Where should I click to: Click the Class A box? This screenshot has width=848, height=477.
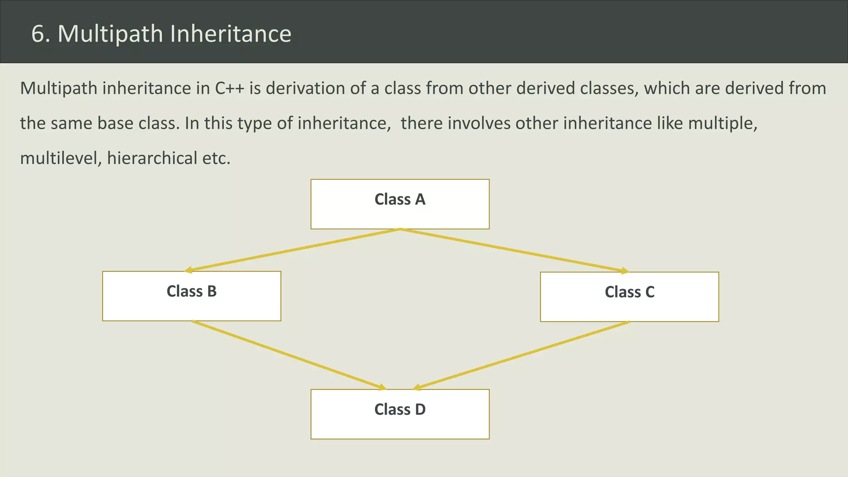click(400, 204)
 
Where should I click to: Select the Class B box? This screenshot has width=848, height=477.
click(192, 296)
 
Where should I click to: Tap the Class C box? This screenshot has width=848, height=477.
click(629, 297)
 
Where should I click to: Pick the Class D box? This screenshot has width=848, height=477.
click(400, 414)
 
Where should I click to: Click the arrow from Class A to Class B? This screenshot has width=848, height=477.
click(292, 250)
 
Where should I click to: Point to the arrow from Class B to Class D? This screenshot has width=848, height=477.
click(289, 355)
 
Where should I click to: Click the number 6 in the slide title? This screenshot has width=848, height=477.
click(38, 34)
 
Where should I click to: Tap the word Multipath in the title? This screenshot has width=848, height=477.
click(110, 34)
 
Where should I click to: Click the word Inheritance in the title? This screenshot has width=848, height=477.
click(231, 34)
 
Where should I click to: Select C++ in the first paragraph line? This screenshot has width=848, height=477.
click(229, 89)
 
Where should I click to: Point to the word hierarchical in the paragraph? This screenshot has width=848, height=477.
click(152, 159)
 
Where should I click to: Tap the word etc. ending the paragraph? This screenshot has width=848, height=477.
click(216, 159)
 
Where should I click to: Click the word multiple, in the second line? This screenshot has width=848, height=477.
click(723, 123)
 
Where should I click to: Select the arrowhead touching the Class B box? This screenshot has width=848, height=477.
click(188, 270)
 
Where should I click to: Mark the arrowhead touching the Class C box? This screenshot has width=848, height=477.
click(625, 271)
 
